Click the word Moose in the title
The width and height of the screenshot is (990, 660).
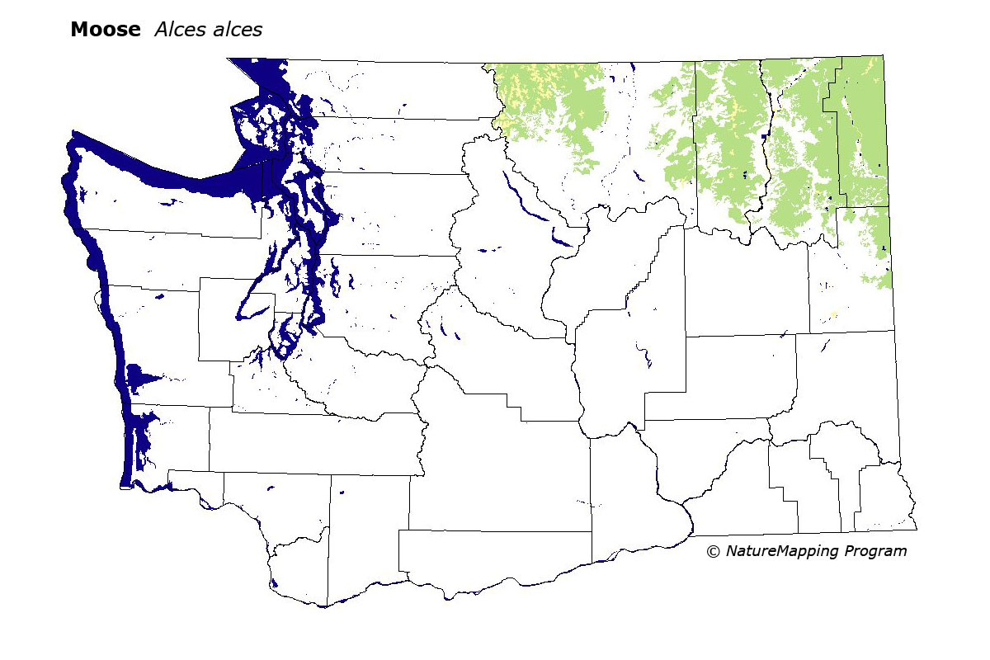click(105, 30)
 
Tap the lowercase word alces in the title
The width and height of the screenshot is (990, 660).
click(236, 30)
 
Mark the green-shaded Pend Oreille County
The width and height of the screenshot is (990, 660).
click(862, 132)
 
